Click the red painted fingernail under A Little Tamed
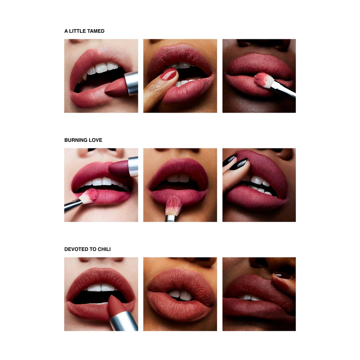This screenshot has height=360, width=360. tap(168, 75)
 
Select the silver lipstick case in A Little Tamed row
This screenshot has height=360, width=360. tap(131, 84)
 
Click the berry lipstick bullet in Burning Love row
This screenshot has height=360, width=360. tap(119, 168)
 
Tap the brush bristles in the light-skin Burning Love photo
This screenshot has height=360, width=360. tap(89, 195)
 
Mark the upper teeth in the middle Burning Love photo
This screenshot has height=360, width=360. tap(178, 178)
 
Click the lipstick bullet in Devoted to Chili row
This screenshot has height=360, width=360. tap(116, 304)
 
